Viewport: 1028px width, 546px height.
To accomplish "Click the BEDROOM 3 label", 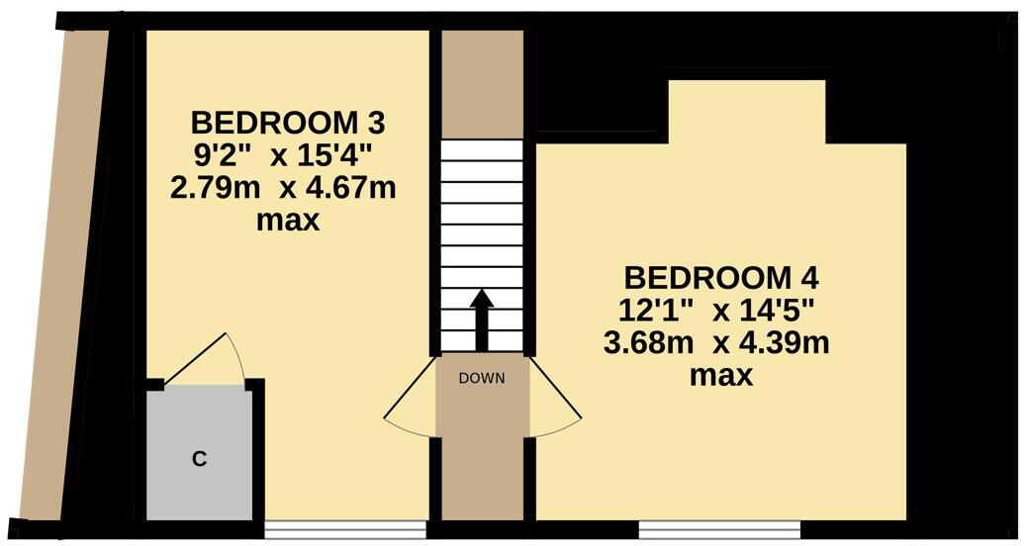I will click(287, 124).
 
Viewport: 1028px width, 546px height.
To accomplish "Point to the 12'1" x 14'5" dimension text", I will click(716, 310).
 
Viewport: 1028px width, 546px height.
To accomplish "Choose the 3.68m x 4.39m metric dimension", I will click(716, 343).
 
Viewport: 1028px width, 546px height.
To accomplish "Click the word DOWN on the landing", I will click(482, 378).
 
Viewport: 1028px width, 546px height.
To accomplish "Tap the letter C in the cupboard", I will click(199, 458).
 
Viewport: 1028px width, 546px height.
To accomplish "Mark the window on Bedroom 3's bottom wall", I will click(345, 529).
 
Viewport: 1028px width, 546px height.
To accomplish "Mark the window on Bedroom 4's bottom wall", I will click(719, 528).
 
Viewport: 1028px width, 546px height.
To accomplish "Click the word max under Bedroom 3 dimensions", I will click(288, 220).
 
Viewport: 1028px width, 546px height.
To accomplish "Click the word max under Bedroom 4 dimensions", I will click(720, 376).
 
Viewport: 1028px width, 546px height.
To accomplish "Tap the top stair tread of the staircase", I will click(481, 151).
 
